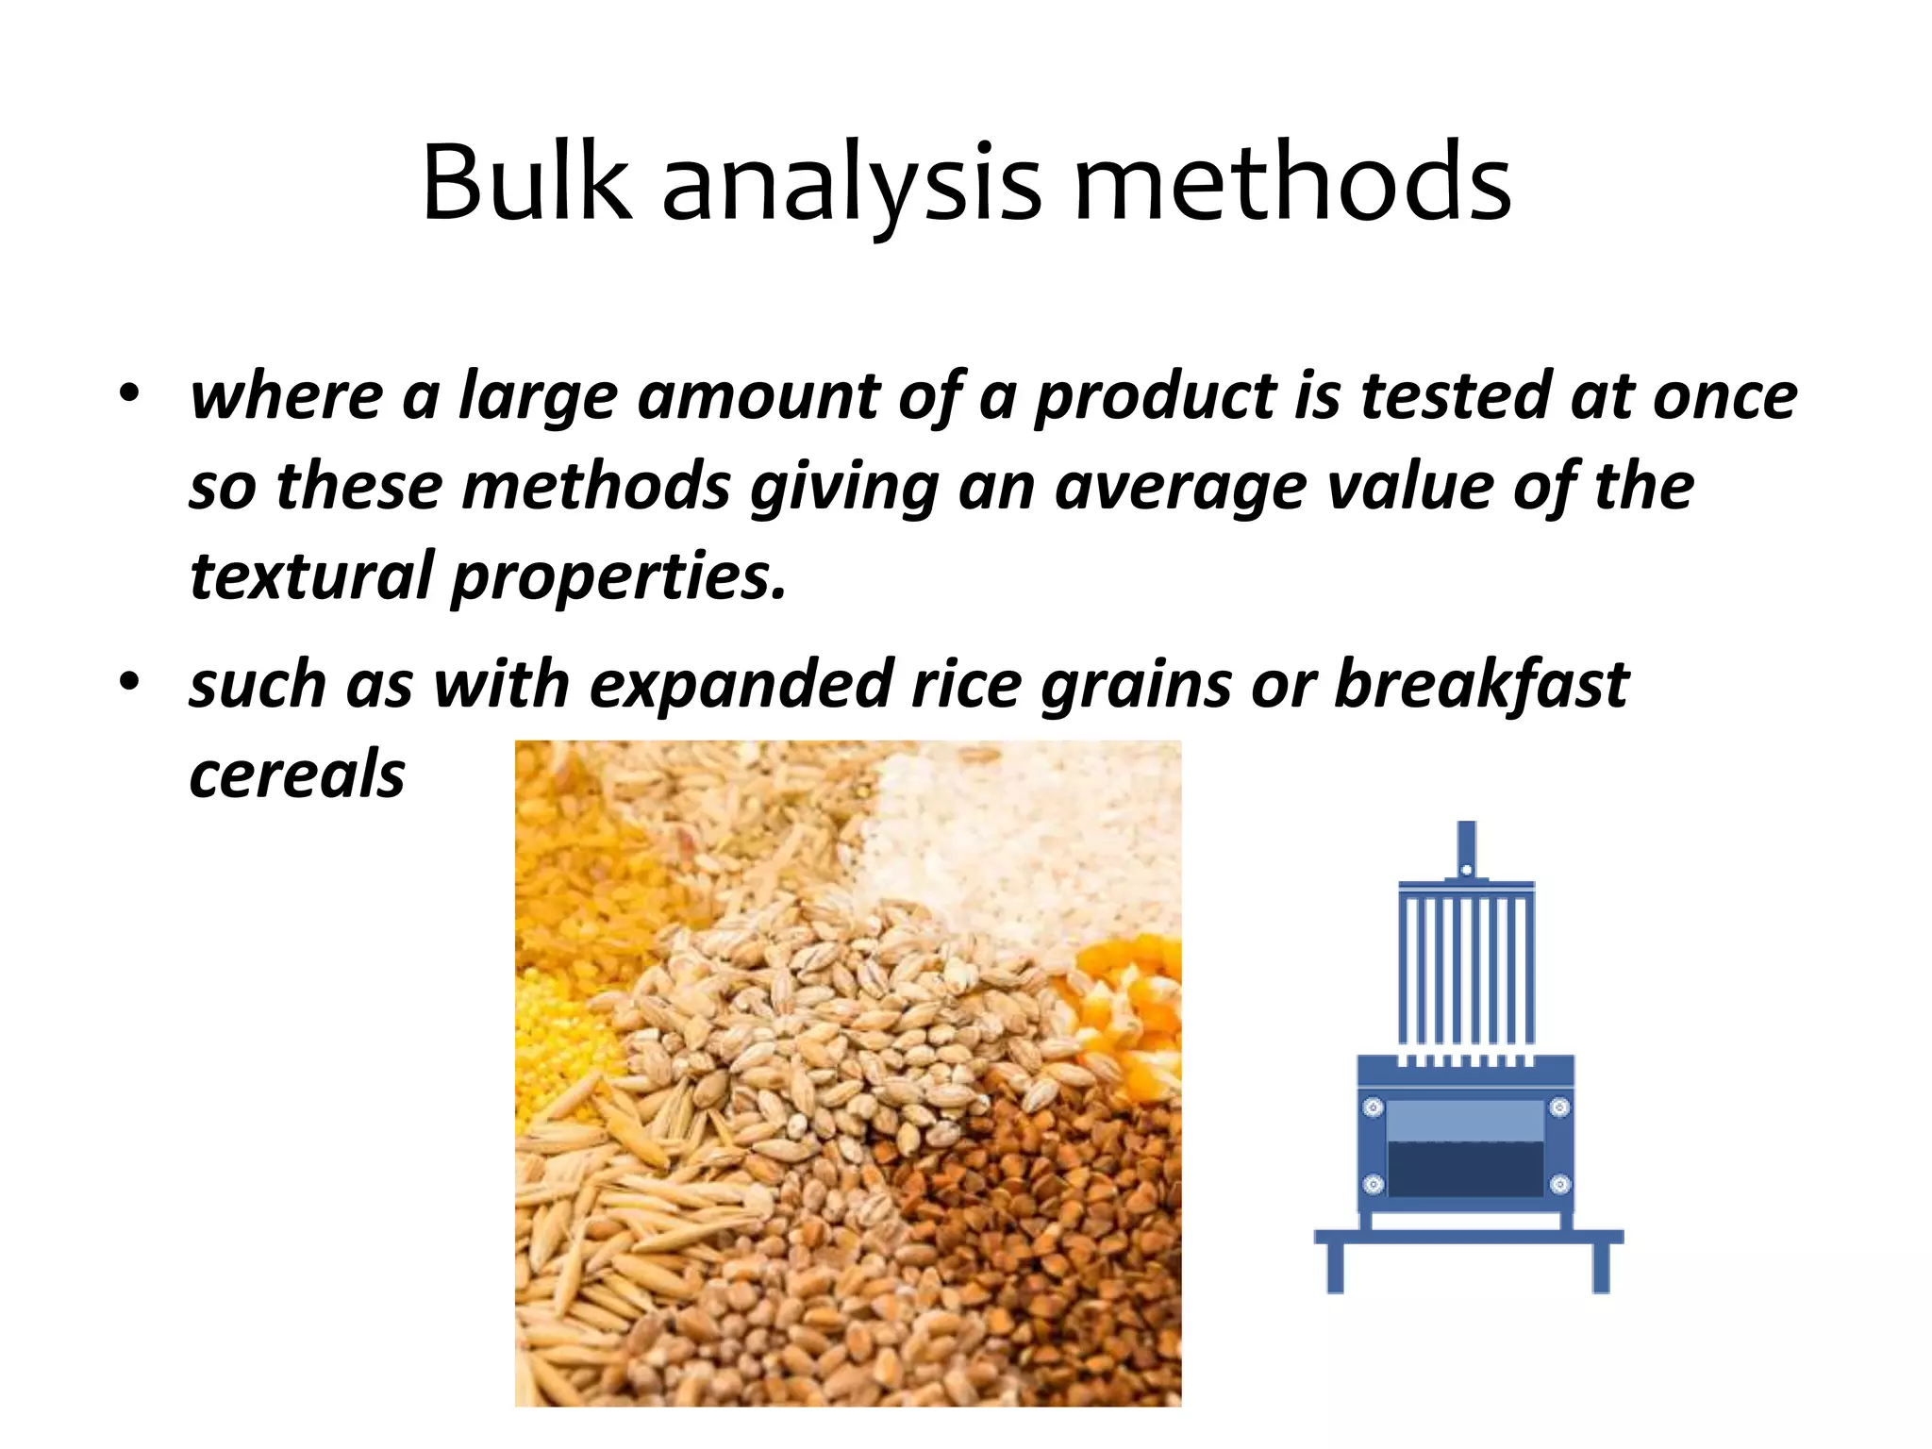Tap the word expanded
coord(741,685)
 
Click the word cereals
coord(297,775)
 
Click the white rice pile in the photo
coord(1019,840)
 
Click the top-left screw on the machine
coord(1374,1107)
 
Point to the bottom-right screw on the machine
coord(1560,1184)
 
